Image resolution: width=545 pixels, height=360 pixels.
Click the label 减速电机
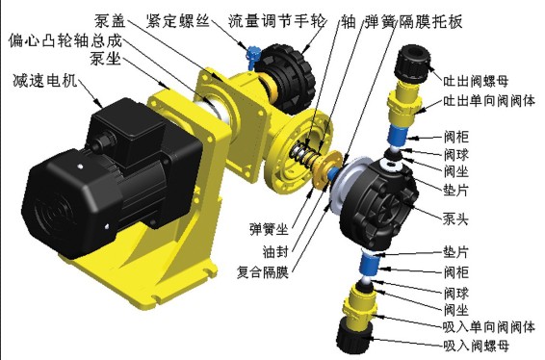pyautogui.click(x=45, y=81)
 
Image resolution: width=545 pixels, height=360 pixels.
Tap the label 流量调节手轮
pyautogui.click(x=277, y=21)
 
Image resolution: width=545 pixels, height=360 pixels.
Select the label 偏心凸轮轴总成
pyautogui.click(x=65, y=40)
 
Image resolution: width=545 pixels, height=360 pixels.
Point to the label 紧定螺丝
pyautogui.click(x=178, y=21)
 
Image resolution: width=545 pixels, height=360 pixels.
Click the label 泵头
pyautogui.click(x=455, y=219)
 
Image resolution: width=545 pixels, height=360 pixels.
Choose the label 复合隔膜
pyautogui.click(x=263, y=272)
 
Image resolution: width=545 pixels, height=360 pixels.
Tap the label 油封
pyautogui.click(x=275, y=251)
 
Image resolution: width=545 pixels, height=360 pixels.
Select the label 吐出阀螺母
pyautogui.click(x=476, y=81)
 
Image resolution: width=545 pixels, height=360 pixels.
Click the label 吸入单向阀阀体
pyautogui.click(x=489, y=327)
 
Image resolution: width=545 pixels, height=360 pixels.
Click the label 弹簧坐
pyautogui.click(x=269, y=229)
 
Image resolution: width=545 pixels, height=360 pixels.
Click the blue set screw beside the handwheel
pyautogui.click(x=252, y=56)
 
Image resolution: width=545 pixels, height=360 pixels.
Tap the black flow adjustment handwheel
pyautogui.click(x=290, y=79)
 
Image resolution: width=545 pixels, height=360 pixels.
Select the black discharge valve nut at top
pyautogui.click(x=412, y=64)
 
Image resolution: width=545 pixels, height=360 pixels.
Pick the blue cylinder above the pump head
pyautogui.click(x=397, y=136)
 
